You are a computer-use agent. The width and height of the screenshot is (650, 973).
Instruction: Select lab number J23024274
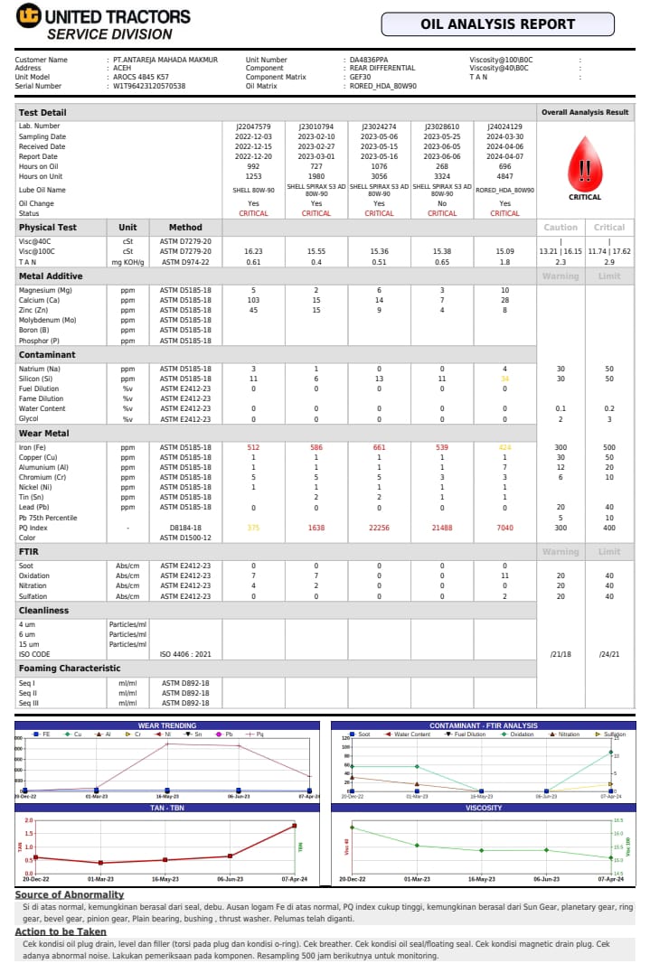pos(379,126)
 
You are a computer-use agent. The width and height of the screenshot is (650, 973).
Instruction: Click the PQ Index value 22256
pos(379,527)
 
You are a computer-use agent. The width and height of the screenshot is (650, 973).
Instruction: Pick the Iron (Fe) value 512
pos(253,447)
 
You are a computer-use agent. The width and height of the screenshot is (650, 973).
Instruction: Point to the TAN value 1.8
pos(504,261)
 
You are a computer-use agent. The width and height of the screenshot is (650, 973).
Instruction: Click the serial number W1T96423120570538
pos(149,86)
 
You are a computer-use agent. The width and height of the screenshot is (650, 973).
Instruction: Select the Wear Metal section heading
pos(44,434)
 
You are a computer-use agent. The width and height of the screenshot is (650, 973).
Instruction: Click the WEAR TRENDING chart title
pos(166,725)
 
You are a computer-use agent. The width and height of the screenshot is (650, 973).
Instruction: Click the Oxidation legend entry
pos(519,734)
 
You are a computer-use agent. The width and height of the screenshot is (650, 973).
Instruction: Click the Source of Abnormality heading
pos(70,894)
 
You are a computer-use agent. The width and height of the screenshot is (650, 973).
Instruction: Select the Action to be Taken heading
pos(61,931)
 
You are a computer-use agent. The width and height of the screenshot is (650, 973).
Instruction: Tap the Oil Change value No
pos(442,203)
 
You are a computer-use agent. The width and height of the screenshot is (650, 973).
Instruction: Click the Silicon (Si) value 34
pos(504,379)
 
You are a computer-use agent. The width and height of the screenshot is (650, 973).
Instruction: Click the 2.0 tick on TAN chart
pos(28,820)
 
